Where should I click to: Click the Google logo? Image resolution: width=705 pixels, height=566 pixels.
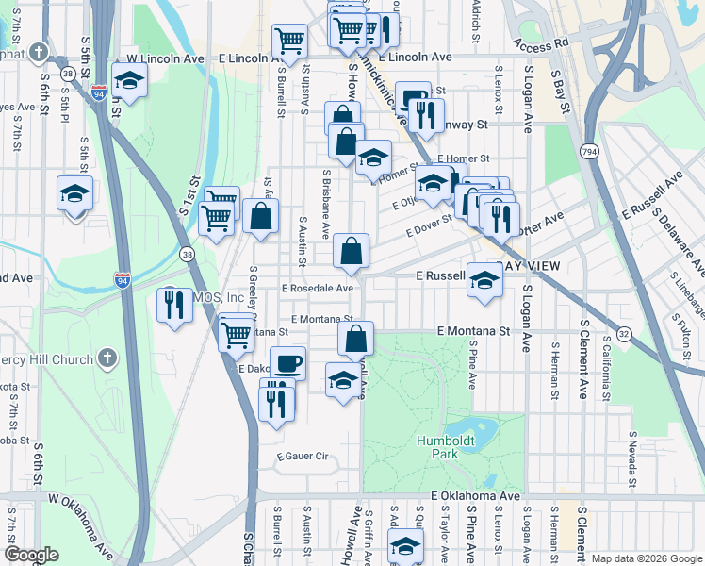coord(31,555)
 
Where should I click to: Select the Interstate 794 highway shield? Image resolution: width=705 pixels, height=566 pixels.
coord(590,152)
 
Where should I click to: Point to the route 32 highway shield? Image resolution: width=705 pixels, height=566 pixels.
coord(624,334)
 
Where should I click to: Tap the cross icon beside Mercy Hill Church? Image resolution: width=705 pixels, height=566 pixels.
coord(108,358)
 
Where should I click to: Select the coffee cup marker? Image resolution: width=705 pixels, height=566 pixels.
coord(287,363)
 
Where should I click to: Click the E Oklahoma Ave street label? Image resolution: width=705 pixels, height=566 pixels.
coord(476,495)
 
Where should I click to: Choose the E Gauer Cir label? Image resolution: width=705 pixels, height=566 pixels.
coord(302,457)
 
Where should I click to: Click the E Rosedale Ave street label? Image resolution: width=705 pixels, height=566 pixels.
coord(317,288)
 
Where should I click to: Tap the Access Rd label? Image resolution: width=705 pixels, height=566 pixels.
coord(542,42)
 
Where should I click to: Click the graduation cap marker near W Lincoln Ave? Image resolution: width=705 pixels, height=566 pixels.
coord(130,80)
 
